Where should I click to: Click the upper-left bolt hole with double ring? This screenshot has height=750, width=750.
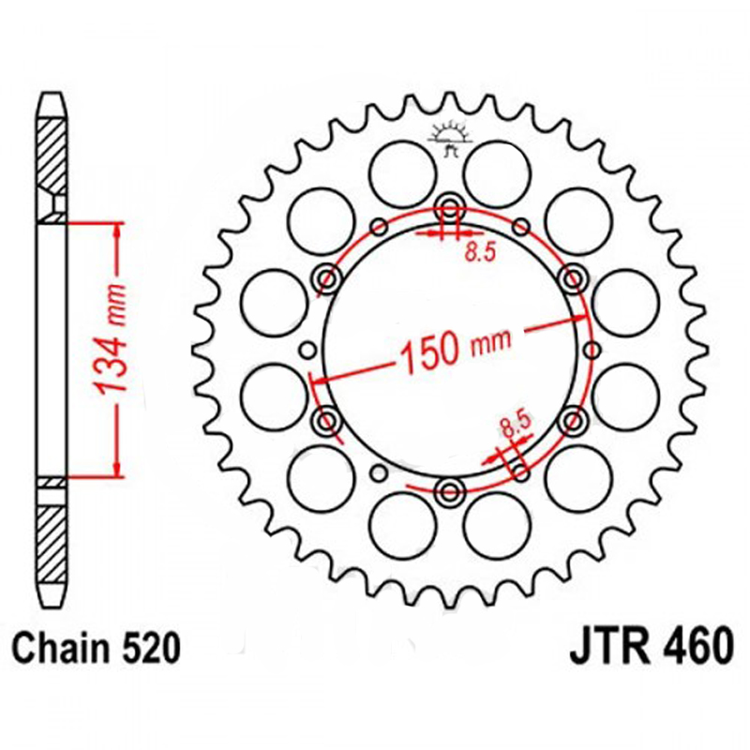point(328,277)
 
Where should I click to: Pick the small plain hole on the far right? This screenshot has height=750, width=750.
point(592,350)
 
